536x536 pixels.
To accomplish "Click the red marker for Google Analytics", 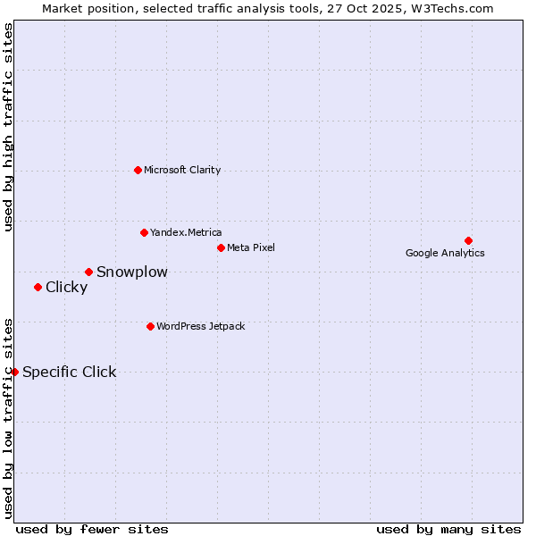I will pos(468,240).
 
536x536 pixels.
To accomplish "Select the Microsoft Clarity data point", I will pos(138,170).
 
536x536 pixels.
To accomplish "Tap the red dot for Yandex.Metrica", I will pos(144,232).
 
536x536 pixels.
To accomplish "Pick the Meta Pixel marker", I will pos(221,247).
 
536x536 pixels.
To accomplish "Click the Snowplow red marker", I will pos(88,272).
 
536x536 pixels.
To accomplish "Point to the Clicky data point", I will pos(38,287).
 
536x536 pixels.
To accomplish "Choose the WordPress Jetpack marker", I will pos(150,326).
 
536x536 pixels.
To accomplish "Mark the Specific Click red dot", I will pos(15,372).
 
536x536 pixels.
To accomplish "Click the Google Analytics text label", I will pos(445,253).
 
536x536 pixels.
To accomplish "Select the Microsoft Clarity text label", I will pos(182,170).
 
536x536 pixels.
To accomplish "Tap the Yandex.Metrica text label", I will pos(186,232).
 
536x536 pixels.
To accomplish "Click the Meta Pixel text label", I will pos(251,247).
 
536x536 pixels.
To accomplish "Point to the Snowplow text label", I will pos(132,272).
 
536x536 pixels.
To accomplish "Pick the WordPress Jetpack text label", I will pos(200,326).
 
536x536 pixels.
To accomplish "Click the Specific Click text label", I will pos(70,372).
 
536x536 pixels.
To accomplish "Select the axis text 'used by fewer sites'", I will pos(92,529).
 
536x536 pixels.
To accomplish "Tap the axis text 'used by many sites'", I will pos(448,529).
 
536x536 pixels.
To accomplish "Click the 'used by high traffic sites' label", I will pos(9,127).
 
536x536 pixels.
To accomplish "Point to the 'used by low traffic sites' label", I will pos(9,418).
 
